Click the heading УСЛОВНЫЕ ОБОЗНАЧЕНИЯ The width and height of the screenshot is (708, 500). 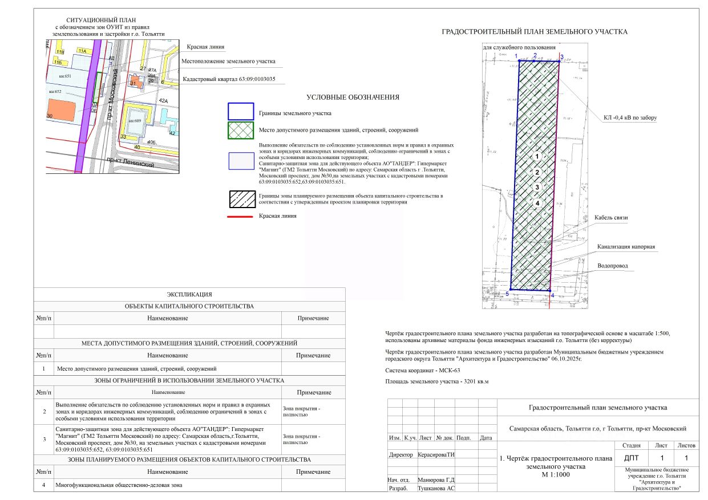(x=353, y=97)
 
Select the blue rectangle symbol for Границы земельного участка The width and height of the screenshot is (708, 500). (x=240, y=112)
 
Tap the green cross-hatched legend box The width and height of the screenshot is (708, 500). (x=240, y=130)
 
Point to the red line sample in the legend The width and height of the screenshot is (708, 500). (x=240, y=217)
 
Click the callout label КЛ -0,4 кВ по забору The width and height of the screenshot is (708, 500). (x=630, y=118)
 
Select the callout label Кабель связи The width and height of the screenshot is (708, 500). (x=610, y=218)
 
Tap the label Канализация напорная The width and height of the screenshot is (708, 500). (x=626, y=247)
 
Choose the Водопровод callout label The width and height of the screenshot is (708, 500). (x=613, y=266)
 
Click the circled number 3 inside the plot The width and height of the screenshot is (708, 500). (x=537, y=187)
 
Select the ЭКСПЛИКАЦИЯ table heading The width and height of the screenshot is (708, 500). (x=189, y=295)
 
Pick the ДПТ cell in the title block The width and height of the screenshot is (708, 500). (x=632, y=458)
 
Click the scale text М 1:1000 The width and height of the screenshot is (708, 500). (x=556, y=474)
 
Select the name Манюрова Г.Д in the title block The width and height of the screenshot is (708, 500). (x=436, y=479)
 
